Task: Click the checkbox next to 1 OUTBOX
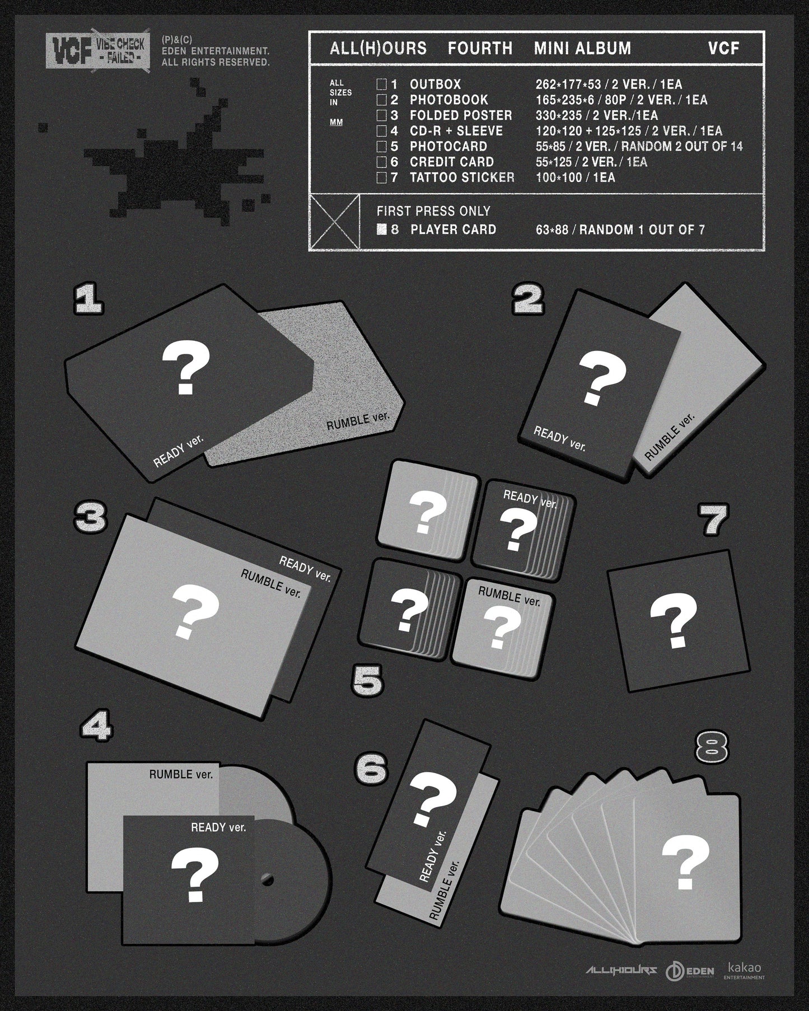click(x=381, y=85)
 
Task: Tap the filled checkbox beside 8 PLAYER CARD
click(x=382, y=229)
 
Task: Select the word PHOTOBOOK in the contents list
click(x=448, y=100)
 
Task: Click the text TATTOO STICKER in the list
click(x=462, y=177)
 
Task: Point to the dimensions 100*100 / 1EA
click(x=575, y=177)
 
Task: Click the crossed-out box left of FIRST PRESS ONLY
click(x=335, y=221)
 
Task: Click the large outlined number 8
click(x=712, y=746)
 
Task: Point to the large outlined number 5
click(x=368, y=681)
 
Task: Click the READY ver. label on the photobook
click(x=559, y=438)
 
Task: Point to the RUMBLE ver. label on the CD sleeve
click(x=181, y=775)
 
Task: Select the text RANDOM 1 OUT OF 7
click(x=642, y=230)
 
